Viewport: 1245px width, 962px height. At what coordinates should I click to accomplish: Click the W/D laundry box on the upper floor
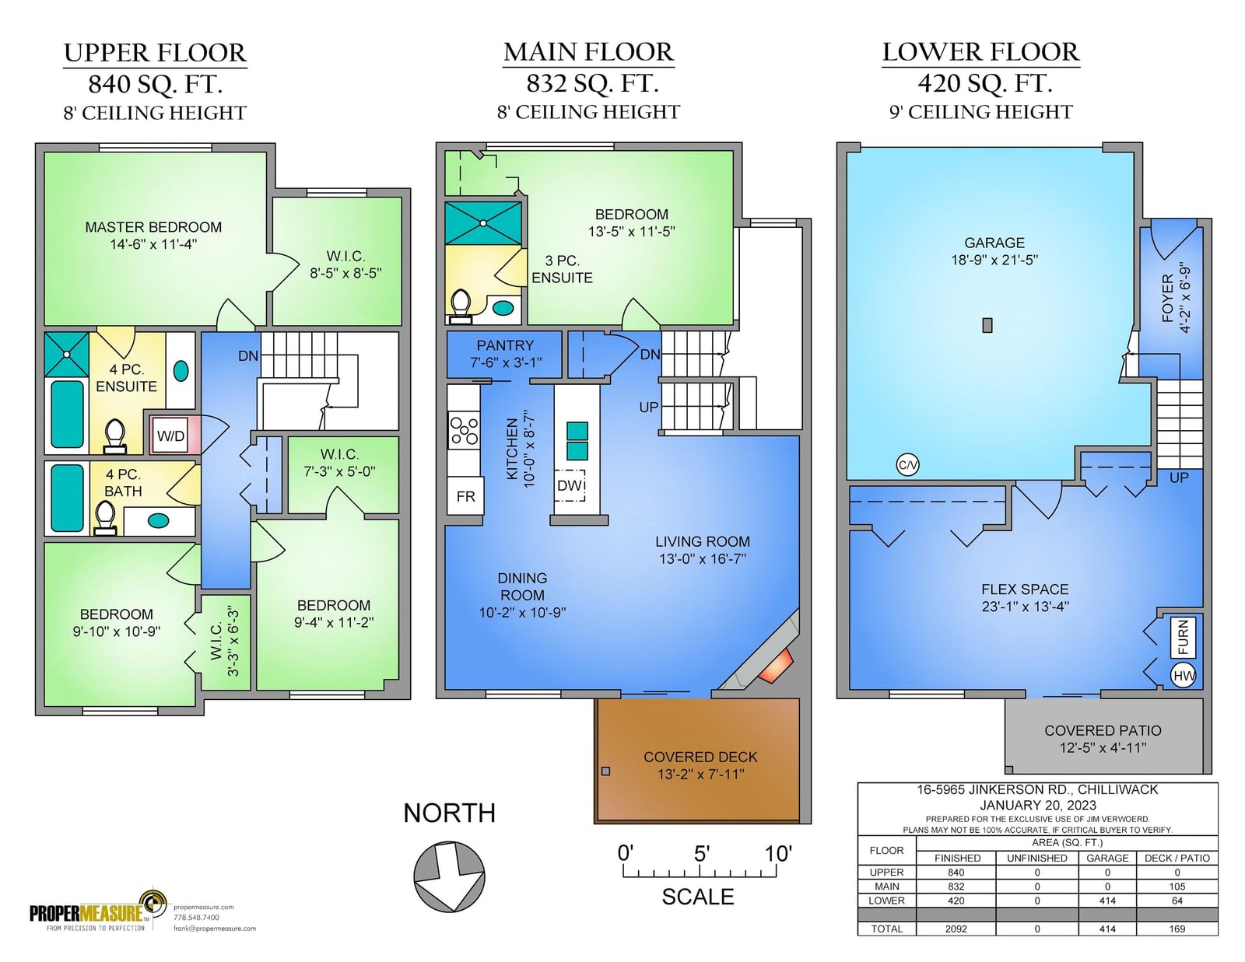click(x=170, y=436)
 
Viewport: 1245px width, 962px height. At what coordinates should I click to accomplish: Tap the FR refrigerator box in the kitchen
click(x=465, y=496)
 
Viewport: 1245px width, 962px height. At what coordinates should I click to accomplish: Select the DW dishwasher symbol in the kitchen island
click(x=570, y=485)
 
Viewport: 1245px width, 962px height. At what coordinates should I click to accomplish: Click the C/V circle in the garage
click(x=907, y=465)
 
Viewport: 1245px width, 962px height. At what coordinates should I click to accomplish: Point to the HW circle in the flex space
click(x=1183, y=676)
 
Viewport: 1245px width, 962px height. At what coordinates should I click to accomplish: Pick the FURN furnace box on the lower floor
click(x=1182, y=637)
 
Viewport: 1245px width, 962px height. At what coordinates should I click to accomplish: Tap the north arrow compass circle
click(x=449, y=876)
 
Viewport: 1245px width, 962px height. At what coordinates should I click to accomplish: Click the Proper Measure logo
click(x=97, y=911)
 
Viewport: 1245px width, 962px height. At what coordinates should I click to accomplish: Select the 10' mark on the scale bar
click(x=777, y=855)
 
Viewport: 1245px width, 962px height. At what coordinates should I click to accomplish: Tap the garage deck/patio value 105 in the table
click(x=1177, y=887)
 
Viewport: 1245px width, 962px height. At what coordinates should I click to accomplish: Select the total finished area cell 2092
click(x=956, y=929)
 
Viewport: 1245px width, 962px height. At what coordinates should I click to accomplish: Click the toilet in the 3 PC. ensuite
click(x=461, y=303)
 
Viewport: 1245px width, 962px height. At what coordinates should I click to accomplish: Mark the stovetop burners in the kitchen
click(x=464, y=431)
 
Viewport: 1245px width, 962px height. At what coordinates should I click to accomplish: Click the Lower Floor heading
click(x=980, y=52)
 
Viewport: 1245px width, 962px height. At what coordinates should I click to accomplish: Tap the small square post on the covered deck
click(x=605, y=771)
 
